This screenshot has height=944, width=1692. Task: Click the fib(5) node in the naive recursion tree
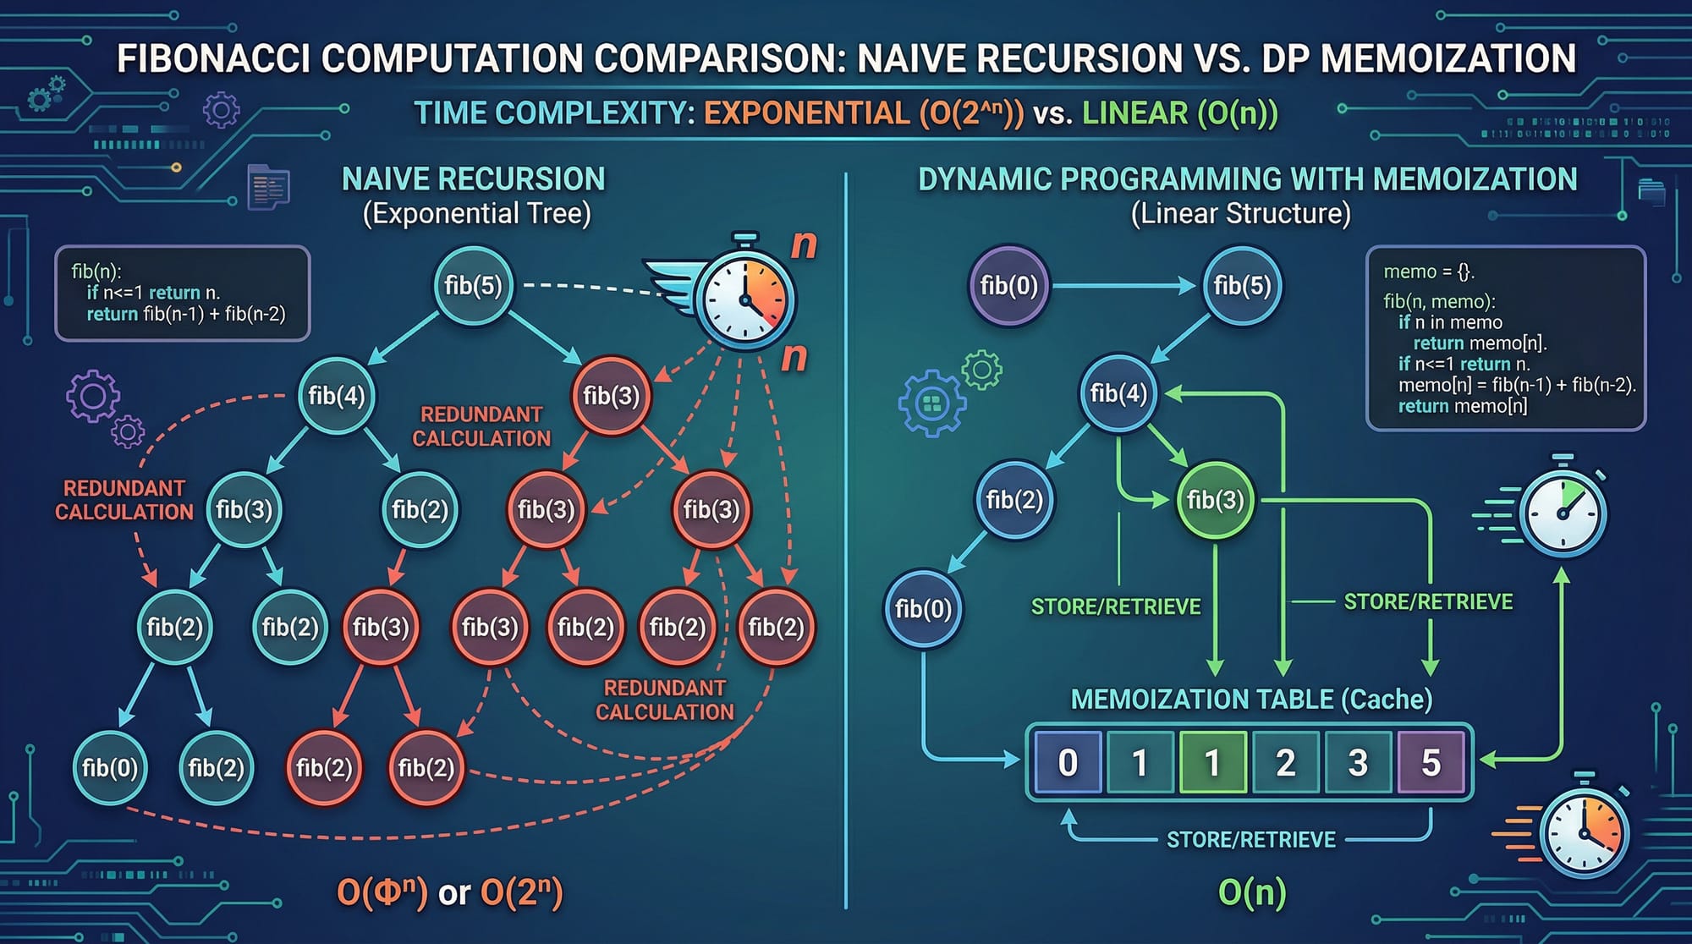click(473, 286)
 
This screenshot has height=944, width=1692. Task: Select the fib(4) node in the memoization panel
click(1118, 393)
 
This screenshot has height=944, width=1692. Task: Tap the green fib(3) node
click(1215, 500)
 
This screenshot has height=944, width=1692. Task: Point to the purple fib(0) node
click(1008, 286)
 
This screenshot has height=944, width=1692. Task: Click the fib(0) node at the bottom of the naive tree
click(109, 767)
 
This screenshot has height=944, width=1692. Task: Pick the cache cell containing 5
click(1431, 762)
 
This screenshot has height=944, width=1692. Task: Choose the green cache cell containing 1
click(1212, 762)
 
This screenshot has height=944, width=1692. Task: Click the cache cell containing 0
click(1068, 762)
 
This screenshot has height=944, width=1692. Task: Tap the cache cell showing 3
click(1358, 762)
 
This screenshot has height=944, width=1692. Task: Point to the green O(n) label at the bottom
click(1251, 892)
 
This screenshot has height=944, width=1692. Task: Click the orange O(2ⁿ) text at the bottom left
click(521, 892)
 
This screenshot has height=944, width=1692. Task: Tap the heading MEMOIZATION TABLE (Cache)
click(1251, 700)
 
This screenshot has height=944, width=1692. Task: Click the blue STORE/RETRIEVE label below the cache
click(1251, 839)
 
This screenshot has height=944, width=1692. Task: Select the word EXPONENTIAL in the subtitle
click(806, 113)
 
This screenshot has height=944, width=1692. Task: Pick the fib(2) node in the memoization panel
click(1014, 500)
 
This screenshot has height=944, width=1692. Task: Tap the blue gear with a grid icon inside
click(931, 403)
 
